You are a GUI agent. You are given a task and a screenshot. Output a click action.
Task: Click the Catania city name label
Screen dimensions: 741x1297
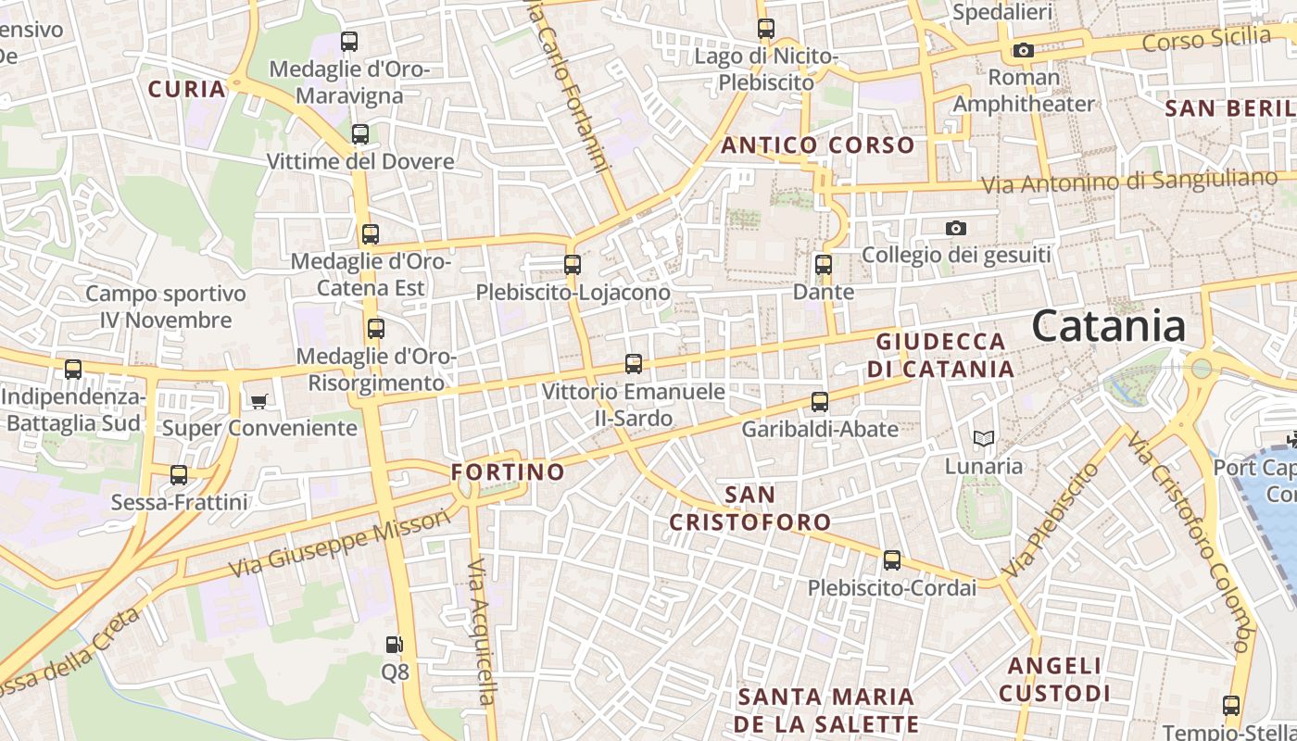[x=1108, y=326]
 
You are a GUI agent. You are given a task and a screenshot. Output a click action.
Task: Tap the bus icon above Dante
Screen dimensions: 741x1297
[x=824, y=265]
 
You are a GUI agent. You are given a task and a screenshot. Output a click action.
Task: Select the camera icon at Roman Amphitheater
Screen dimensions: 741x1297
[x=1024, y=50]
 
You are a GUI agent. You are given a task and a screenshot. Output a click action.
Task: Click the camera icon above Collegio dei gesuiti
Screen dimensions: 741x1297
[x=956, y=228]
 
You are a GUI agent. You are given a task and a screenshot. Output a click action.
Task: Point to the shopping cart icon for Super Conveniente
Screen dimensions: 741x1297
[x=258, y=401]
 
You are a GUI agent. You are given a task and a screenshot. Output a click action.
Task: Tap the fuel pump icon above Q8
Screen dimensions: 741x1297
[x=394, y=644]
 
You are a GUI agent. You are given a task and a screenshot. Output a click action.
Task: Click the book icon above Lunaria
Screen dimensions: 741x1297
[x=983, y=438]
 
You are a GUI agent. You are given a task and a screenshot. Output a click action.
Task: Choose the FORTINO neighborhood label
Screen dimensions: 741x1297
[x=508, y=471]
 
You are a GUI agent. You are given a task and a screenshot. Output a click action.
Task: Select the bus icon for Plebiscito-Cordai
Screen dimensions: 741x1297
[x=891, y=560]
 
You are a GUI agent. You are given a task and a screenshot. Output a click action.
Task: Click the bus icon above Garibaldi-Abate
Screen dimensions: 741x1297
[x=820, y=402]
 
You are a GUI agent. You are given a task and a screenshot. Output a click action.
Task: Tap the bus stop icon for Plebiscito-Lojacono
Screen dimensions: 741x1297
[x=573, y=265]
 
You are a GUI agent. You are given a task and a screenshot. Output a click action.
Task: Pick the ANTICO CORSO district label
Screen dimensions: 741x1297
[x=818, y=145]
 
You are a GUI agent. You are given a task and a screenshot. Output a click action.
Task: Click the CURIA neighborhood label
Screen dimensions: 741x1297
[x=187, y=89]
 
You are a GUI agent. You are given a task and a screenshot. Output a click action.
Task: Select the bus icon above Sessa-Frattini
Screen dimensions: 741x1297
[x=179, y=475]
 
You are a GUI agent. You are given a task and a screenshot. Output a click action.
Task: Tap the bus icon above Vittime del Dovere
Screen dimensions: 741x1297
[x=360, y=134]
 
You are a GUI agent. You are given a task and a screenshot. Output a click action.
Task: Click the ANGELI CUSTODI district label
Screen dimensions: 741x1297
[x=1054, y=679]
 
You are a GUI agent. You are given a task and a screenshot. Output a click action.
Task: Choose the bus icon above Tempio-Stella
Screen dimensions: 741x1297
[x=1231, y=706]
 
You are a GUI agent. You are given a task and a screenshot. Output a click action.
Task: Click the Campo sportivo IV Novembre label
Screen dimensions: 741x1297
[x=166, y=307]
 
